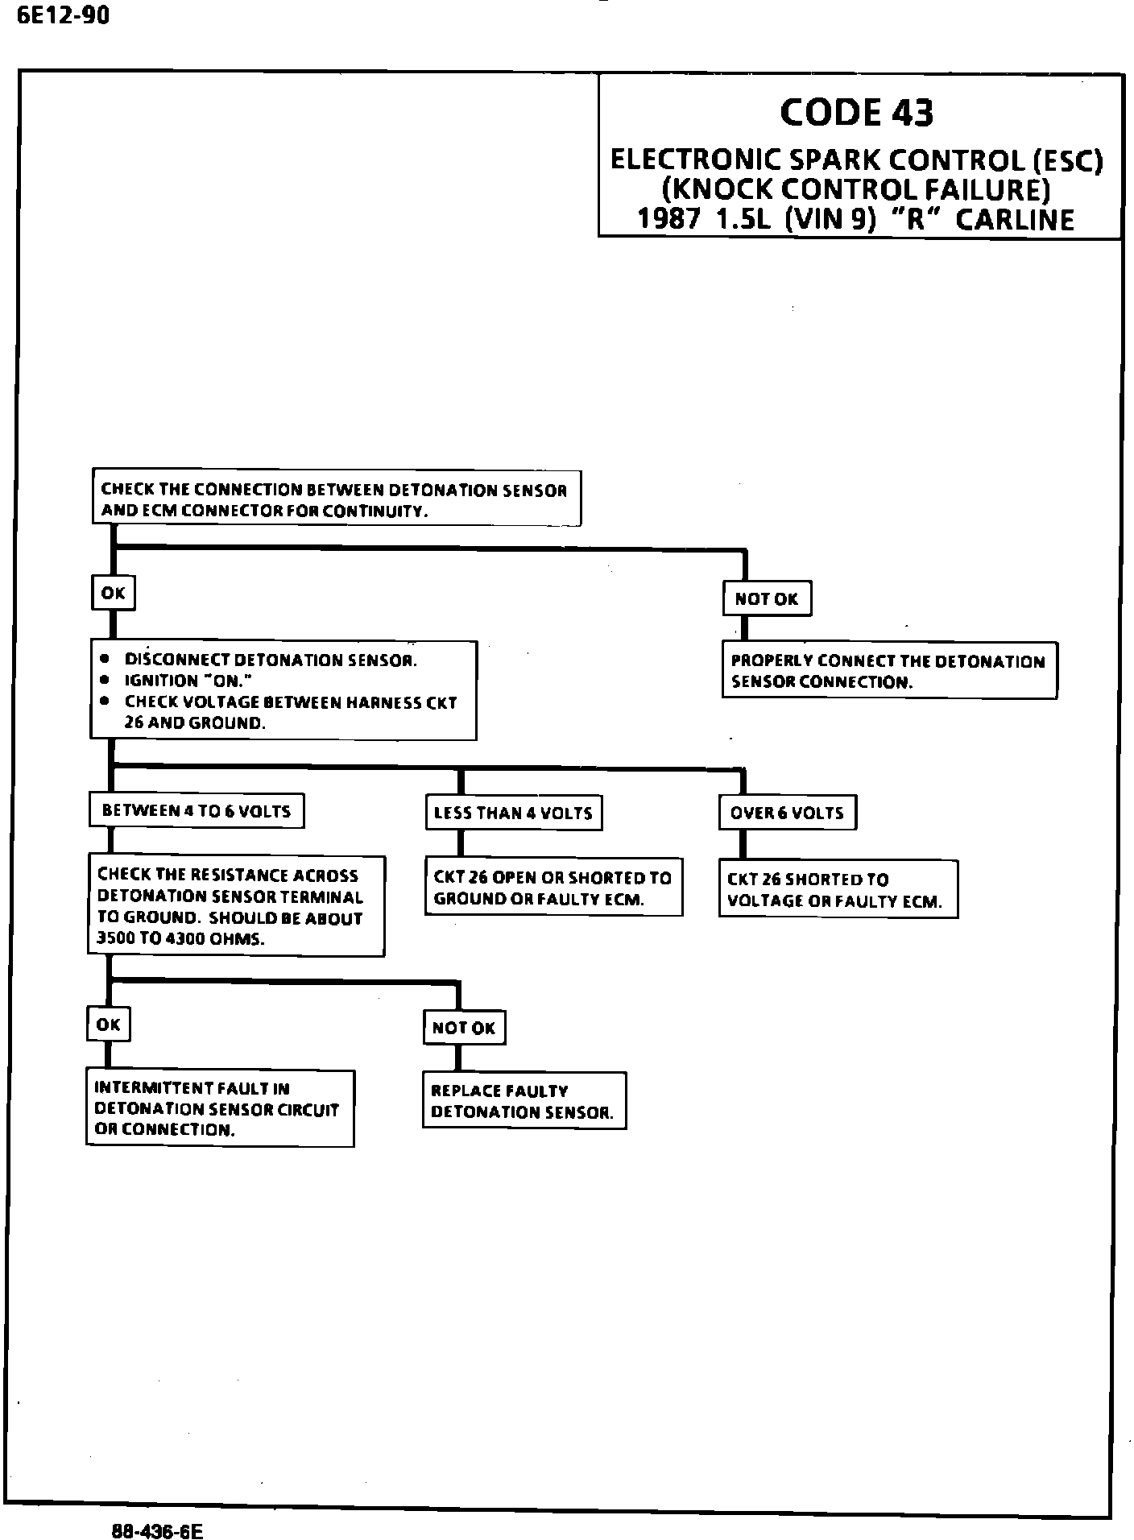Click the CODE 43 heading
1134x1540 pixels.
[856, 112]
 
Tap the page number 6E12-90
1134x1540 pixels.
[62, 15]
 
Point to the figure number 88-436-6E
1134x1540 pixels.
[157, 1530]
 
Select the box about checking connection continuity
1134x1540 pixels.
[336, 499]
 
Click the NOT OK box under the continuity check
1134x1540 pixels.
[766, 598]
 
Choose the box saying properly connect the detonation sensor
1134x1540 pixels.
[888, 671]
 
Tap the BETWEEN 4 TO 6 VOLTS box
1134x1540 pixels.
[197, 811]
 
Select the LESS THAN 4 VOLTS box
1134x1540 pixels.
[513, 813]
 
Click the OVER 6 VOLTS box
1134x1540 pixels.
[787, 813]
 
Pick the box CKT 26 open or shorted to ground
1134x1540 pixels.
[553, 888]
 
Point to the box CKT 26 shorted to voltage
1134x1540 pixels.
[838, 890]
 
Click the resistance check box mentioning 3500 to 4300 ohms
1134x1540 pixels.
[236, 906]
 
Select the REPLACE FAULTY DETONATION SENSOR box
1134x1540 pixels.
[524, 1101]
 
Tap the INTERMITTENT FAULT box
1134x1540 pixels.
[220, 1108]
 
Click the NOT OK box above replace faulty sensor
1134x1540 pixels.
[464, 1028]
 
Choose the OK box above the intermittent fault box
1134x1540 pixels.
[108, 1025]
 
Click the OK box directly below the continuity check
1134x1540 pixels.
[113, 594]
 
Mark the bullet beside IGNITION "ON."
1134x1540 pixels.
[105, 681]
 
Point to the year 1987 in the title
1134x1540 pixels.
[668, 220]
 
